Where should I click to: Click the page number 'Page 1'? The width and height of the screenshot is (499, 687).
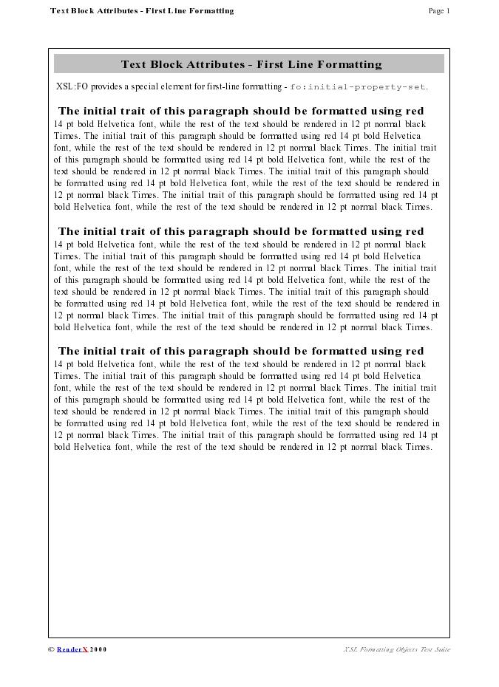tap(438, 11)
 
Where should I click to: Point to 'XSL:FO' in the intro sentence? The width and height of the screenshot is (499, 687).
tap(72, 87)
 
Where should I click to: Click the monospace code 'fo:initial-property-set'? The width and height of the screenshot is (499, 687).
tap(358, 87)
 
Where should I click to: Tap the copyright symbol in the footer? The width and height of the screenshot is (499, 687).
tap(51, 650)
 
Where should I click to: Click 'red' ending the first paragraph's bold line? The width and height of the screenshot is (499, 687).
tap(415, 112)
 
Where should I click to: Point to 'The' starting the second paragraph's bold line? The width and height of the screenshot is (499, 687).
tap(69, 232)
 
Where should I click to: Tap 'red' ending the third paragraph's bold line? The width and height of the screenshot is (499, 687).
tap(415, 352)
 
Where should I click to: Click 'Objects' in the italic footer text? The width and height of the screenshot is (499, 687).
tap(398, 650)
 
